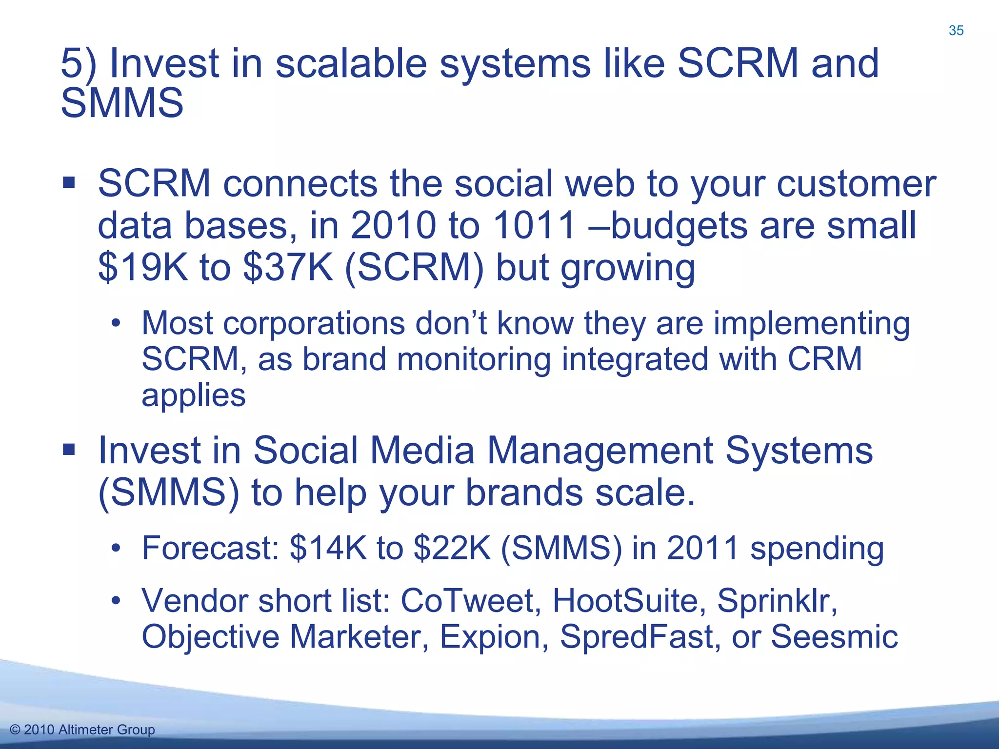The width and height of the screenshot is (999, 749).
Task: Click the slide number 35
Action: tap(956, 31)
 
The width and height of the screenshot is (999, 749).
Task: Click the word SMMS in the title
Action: tap(122, 103)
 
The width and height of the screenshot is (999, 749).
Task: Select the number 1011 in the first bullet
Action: tap(534, 226)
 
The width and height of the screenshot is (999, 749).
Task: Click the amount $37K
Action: tap(288, 268)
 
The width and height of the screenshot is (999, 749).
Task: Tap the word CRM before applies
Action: tap(825, 359)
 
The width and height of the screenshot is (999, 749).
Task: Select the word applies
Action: tap(193, 396)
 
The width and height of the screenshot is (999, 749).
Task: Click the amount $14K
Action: tap(327, 548)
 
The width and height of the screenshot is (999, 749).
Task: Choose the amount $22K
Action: tap(452, 548)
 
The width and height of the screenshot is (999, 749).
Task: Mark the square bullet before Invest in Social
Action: tap(69, 449)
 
